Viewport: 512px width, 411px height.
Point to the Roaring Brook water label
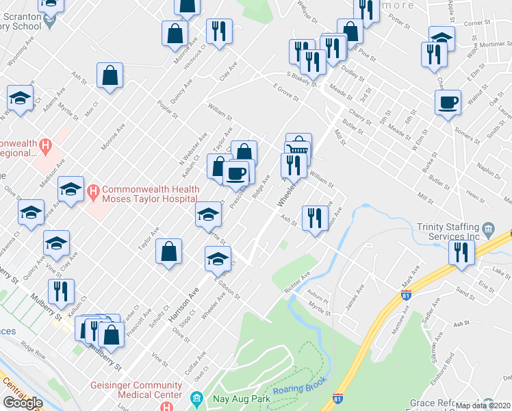point(299,390)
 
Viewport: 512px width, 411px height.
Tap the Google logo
point(23,402)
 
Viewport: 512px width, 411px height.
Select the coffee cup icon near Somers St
point(448,102)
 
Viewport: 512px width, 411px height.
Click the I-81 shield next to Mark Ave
point(406,295)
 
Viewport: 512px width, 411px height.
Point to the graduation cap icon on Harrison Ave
point(218,258)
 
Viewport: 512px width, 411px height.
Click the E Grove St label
point(286,92)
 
